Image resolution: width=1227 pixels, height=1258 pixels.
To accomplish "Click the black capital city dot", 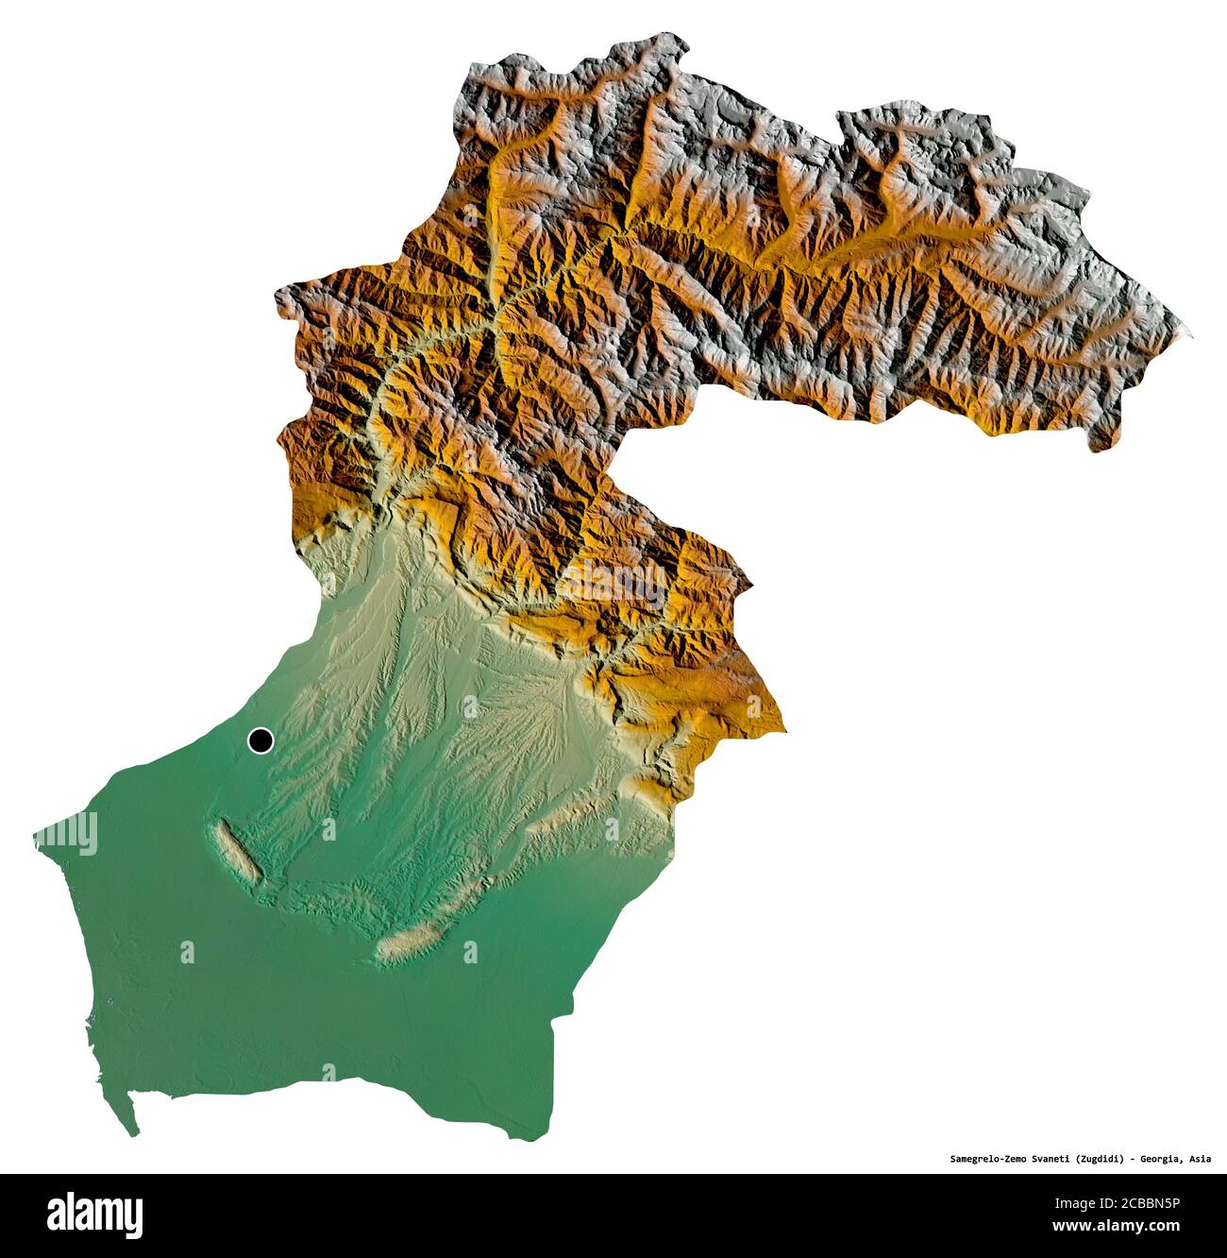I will pyautogui.click(x=260, y=741).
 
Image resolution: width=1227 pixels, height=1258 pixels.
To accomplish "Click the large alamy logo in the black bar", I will pyautogui.click(x=95, y=1214).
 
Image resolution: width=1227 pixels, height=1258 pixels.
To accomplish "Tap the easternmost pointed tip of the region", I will pyautogui.click(x=1189, y=333).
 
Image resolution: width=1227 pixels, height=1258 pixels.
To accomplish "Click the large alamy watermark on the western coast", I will pyautogui.click(x=66, y=834).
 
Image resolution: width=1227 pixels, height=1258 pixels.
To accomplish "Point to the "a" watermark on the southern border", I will pyautogui.click(x=328, y=1073).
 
